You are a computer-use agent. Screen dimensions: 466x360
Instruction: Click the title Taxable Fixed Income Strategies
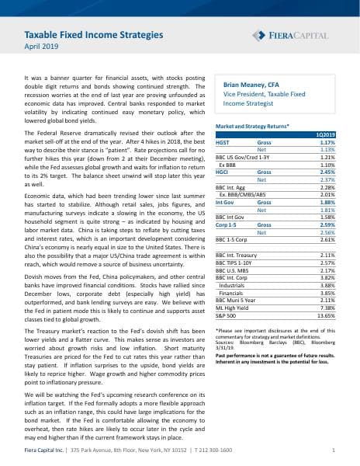[94, 34]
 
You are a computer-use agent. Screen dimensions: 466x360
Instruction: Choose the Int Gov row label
[224, 179]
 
